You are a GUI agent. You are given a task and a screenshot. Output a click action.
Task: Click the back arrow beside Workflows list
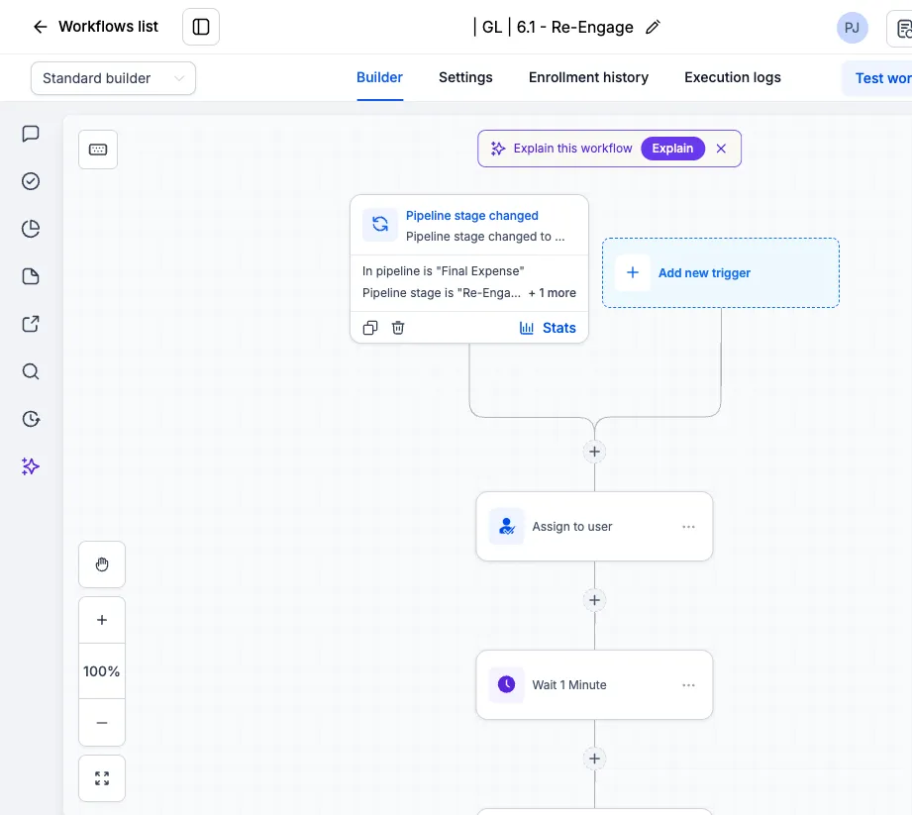point(41,27)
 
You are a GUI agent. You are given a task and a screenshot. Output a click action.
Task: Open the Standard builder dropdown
point(113,78)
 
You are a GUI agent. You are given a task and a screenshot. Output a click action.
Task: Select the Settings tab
point(465,77)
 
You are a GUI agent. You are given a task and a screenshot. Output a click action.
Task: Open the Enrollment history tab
point(588,77)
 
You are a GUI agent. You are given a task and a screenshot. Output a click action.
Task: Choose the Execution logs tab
point(733,77)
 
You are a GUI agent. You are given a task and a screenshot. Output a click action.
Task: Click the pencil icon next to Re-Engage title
point(653,27)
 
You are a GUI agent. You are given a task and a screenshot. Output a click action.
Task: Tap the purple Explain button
point(672,149)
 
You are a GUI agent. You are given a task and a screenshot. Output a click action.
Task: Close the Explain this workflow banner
point(721,149)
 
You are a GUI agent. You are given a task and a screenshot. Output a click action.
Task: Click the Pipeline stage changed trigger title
point(471,215)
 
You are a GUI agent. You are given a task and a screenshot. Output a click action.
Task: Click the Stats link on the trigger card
point(548,328)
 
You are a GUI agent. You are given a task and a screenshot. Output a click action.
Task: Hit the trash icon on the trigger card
point(398,328)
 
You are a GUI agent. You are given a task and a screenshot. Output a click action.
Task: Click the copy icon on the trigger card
point(370,328)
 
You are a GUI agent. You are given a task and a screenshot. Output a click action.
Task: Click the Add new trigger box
point(721,273)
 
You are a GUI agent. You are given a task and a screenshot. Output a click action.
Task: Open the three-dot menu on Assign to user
point(688,527)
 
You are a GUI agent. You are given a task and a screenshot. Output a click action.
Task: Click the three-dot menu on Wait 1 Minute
point(688,685)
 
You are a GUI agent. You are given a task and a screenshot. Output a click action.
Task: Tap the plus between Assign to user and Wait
point(594,600)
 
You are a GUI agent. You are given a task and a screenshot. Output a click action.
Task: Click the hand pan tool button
point(102,564)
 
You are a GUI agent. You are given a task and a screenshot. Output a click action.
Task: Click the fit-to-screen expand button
point(102,778)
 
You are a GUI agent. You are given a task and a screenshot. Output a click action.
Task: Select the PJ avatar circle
point(853,28)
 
